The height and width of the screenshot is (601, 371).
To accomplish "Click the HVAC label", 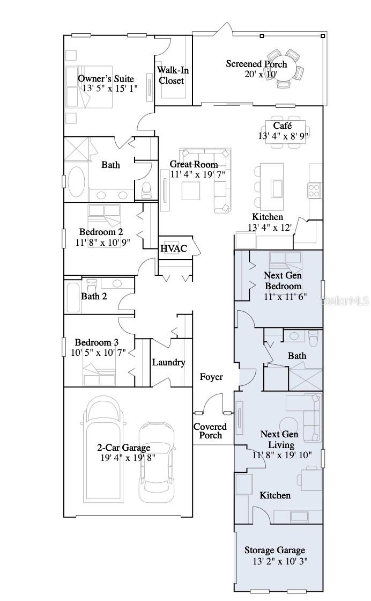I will pyautogui.click(x=174, y=248).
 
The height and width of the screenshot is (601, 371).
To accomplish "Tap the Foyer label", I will pyautogui.click(x=211, y=377).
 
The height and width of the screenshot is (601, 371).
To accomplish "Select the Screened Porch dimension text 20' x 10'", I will pyautogui.click(x=256, y=75).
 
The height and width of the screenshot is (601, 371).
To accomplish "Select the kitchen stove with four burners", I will pyautogui.click(x=314, y=189).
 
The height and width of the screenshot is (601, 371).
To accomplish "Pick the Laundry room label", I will pyautogui.click(x=168, y=362).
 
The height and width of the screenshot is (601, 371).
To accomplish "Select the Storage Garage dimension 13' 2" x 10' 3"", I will pyautogui.click(x=280, y=562).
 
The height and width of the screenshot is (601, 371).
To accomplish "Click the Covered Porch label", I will pyautogui.click(x=210, y=431).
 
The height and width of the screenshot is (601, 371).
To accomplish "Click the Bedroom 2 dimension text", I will pyautogui.click(x=102, y=243).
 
